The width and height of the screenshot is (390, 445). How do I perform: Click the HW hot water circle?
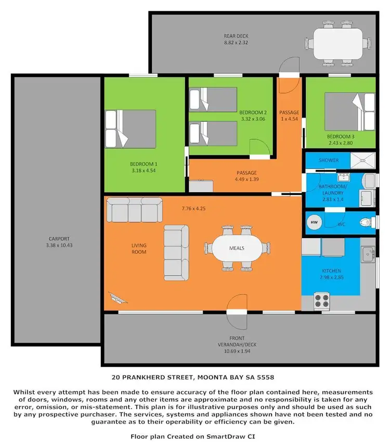click(x=314, y=222)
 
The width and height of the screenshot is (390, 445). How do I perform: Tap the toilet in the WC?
click(x=367, y=222)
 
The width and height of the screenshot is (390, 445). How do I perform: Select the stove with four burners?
click(x=321, y=300)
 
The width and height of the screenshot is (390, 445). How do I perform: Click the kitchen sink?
click(x=369, y=253)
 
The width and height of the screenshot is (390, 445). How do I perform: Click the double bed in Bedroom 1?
click(x=131, y=128)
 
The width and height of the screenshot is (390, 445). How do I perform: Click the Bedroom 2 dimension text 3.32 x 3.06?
click(x=253, y=119)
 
